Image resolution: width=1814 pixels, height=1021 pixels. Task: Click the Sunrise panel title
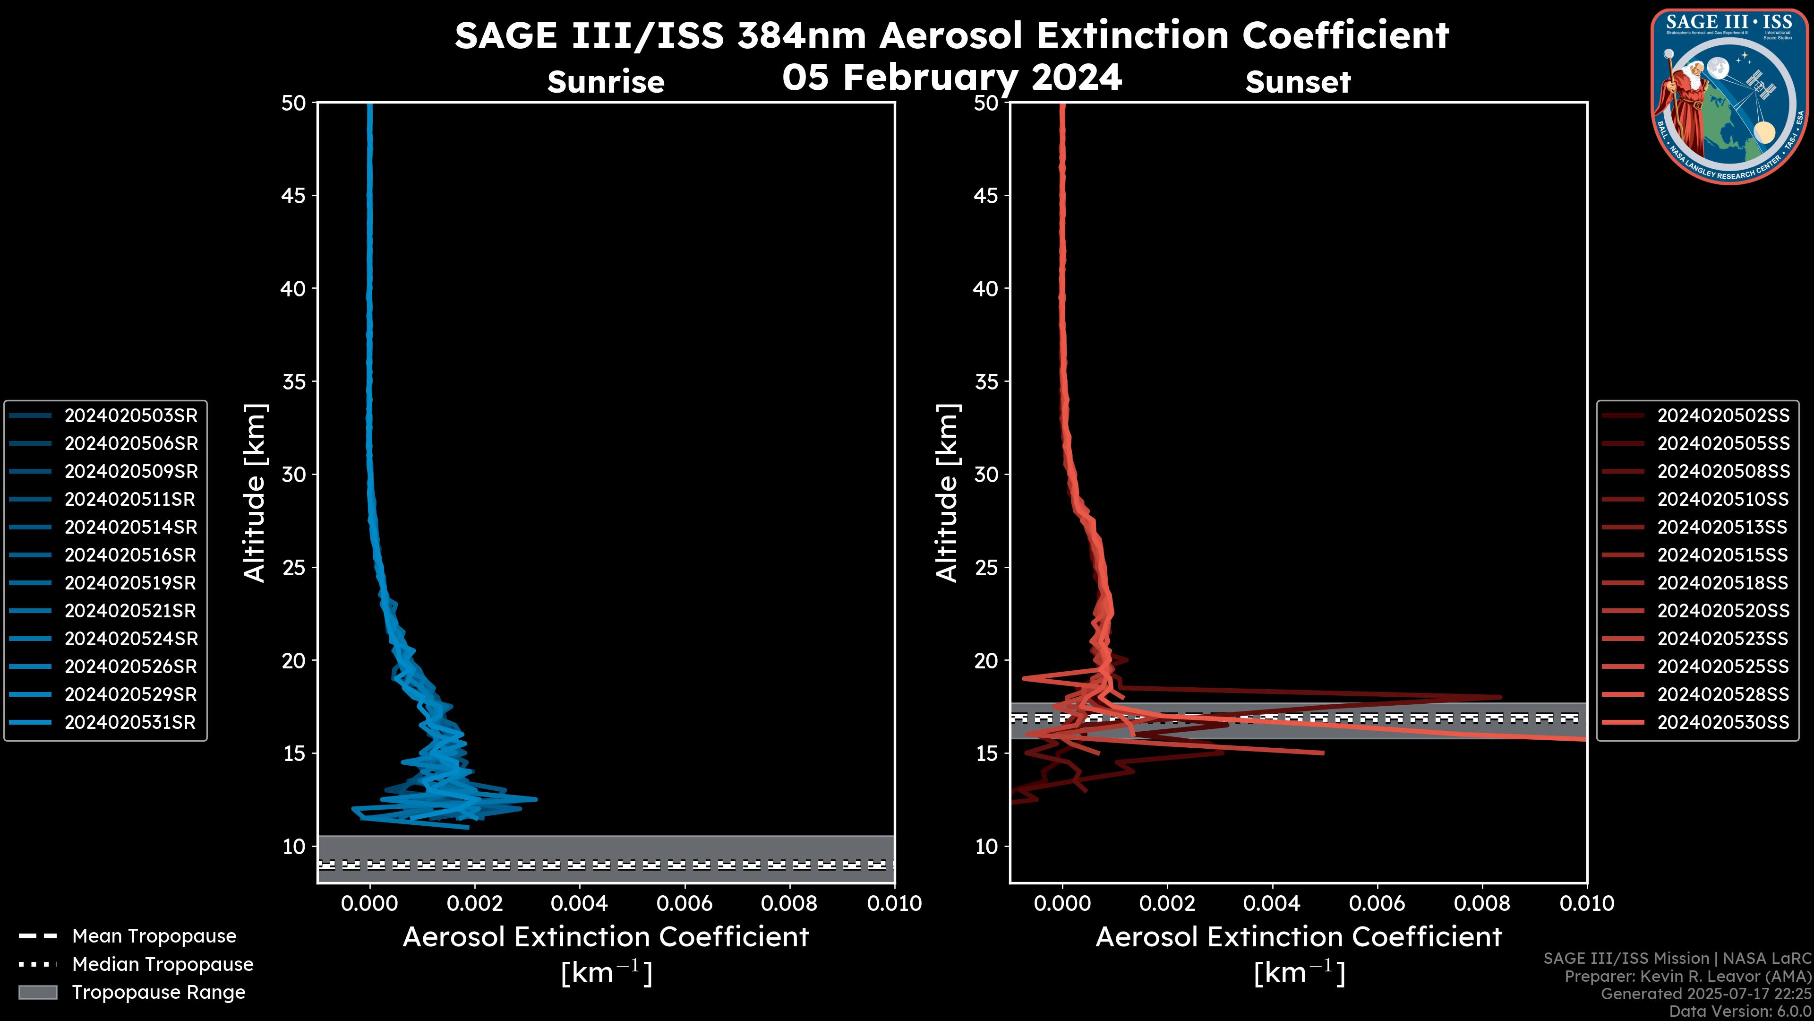click(606, 82)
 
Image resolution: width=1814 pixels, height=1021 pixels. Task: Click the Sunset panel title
click(1298, 82)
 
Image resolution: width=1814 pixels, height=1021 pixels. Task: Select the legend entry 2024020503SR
click(131, 416)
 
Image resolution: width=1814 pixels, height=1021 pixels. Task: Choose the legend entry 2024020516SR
click(130, 555)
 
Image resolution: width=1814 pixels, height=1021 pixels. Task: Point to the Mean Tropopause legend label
click(154, 936)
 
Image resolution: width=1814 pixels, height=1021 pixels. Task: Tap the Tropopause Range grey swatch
click(38, 992)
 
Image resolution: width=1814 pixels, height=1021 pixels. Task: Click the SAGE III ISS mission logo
click(1729, 95)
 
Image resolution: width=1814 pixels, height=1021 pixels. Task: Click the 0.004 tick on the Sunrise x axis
click(580, 903)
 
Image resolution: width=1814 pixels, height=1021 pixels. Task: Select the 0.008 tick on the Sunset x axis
click(1482, 903)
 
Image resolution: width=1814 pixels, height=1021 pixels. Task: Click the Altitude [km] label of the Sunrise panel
click(255, 493)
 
